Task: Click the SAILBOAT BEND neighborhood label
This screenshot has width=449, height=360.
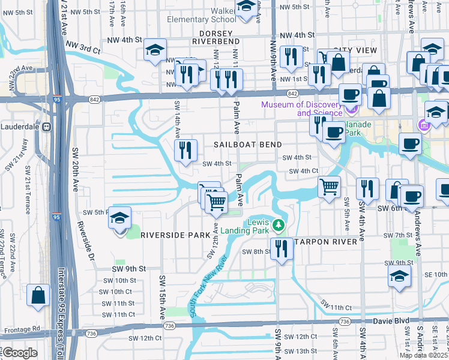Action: (x=244, y=145)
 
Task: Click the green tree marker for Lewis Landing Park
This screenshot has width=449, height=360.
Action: (x=278, y=226)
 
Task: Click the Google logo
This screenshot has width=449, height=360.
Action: (x=20, y=352)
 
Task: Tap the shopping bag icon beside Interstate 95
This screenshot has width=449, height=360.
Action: (x=38, y=296)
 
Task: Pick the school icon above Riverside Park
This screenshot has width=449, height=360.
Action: (x=120, y=219)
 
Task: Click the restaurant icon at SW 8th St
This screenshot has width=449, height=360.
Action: (x=281, y=247)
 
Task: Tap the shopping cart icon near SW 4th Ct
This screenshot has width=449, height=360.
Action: (x=329, y=187)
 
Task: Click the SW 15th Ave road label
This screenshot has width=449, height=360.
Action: (x=161, y=298)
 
